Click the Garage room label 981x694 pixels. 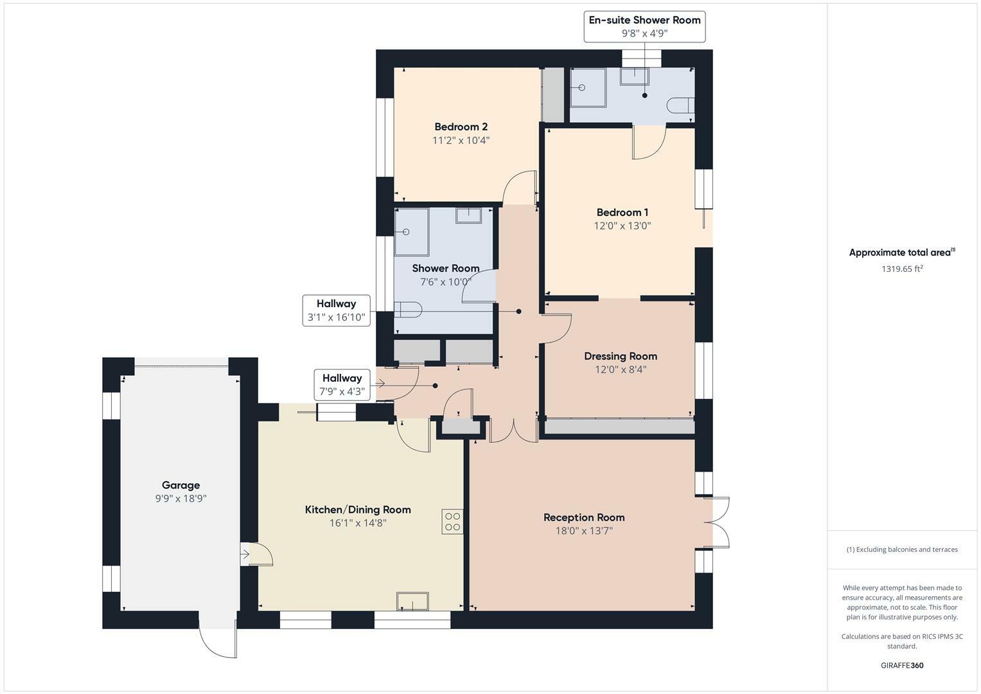tap(181, 485)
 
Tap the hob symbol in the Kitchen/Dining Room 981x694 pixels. tap(452, 521)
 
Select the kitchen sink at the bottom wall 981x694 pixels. tap(412, 601)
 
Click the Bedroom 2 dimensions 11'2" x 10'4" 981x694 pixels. tap(461, 140)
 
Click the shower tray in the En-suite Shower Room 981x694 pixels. tap(588, 87)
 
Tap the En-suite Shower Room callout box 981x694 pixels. tap(644, 26)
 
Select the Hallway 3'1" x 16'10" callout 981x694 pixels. tap(336, 310)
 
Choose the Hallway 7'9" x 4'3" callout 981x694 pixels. tap(342, 384)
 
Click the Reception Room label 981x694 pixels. tap(584, 517)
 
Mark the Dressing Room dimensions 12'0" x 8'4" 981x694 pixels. tap(620, 369)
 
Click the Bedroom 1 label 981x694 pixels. tap(622, 212)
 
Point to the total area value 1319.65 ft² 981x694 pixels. tap(902, 269)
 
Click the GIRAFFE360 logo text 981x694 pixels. tap(901, 665)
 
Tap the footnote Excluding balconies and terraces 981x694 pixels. tap(902, 549)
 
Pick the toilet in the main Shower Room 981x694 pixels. tap(407, 309)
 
